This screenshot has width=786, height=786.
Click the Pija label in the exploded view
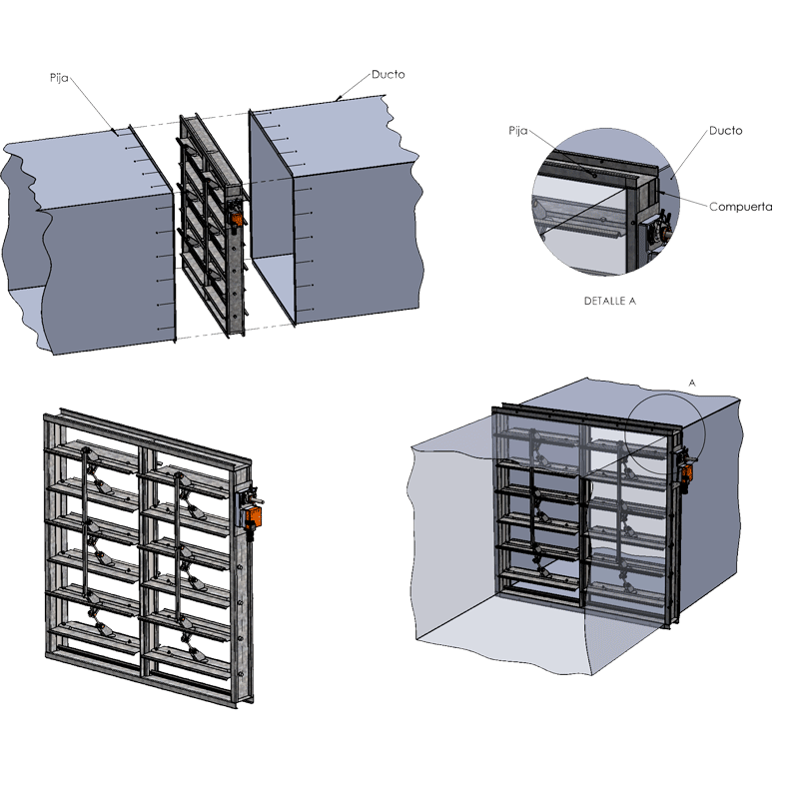click(59, 76)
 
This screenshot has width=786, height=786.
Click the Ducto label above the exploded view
click(388, 74)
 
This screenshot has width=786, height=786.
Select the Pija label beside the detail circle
click(517, 130)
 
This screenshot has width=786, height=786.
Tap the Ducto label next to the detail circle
click(725, 131)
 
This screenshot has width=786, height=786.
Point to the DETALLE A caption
click(609, 300)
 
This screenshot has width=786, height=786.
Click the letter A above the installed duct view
click(691, 382)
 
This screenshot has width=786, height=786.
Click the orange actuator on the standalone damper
click(253, 517)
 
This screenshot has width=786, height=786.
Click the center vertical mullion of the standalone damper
click(146, 559)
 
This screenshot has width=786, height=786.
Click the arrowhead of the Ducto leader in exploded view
click(339, 99)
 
